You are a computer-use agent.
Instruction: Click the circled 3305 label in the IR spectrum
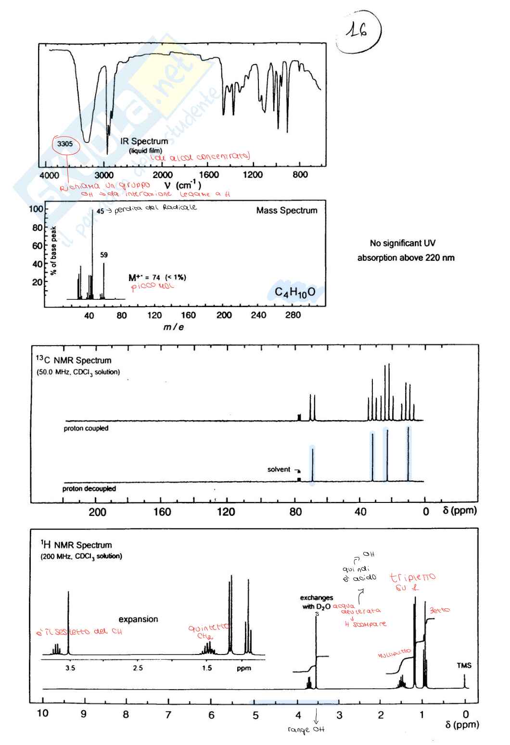65,144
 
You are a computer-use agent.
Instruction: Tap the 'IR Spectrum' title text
144,141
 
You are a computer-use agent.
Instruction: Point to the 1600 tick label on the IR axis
209,175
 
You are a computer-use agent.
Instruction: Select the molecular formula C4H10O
295,292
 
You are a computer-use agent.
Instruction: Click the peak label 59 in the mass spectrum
104,255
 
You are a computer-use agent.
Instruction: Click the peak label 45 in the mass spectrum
100,211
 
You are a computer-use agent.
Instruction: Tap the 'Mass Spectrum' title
287,210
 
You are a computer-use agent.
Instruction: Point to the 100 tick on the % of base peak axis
36,209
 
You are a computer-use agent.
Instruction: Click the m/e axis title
173,327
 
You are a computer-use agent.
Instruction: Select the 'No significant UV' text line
403,243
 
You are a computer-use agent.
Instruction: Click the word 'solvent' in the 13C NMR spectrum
279,469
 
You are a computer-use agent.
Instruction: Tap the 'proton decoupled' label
89,488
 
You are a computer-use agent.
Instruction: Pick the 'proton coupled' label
86,428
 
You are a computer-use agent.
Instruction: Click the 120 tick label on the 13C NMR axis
226,512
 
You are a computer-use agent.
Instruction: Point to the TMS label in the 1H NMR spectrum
464,666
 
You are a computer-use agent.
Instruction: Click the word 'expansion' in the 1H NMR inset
138,619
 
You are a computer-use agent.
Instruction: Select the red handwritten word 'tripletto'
412,577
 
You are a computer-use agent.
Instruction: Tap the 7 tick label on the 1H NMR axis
168,715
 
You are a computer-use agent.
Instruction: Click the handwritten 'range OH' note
306,730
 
